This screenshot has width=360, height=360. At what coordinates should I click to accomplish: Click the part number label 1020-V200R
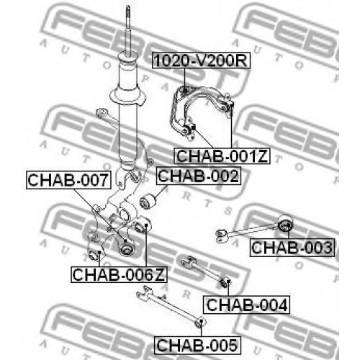tap(201, 60)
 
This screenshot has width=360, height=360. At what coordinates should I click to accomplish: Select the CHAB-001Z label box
tap(222, 156)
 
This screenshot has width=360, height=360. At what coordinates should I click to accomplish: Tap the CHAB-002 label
tap(199, 176)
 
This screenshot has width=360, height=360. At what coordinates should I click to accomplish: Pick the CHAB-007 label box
tap(68, 180)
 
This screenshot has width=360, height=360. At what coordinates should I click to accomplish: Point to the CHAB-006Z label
tap(119, 274)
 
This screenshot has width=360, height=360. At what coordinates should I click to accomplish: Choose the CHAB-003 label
tap(292, 248)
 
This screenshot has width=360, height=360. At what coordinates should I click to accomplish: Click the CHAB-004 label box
tap(247, 305)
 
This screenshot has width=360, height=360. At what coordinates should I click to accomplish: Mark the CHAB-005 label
tap(197, 345)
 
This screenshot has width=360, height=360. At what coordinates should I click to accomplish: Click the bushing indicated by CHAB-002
tap(148, 202)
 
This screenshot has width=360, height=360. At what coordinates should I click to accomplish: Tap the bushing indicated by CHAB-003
tap(286, 222)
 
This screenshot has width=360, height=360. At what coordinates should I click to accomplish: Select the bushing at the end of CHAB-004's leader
tap(225, 283)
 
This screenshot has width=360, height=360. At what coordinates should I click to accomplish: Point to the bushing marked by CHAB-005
tap(200, 323)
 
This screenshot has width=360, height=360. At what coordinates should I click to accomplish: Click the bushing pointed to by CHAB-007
tap(127, 248)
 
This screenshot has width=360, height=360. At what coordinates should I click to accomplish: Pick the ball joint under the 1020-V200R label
tap(185, 91)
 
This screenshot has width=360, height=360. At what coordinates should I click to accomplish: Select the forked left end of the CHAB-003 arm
tap(220, 235)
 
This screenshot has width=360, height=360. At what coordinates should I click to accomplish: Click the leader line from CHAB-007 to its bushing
tap(99, 215)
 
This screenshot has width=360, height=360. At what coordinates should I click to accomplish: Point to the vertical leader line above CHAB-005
tap(202, 329)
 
